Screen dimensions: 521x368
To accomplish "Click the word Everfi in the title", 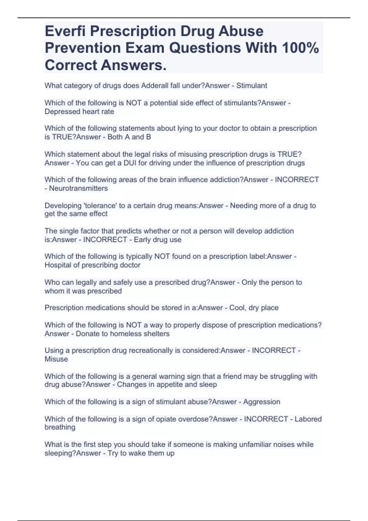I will pos(65,31).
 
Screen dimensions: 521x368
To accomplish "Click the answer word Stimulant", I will pos(251,86).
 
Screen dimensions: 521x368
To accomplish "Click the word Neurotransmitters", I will pos(79,188).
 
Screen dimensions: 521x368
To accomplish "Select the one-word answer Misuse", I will pos(56,359).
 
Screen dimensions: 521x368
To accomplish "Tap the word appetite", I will pos(170,385).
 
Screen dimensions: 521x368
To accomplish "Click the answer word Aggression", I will pos(262,402).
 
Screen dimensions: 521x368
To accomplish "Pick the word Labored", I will pos(308,419).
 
